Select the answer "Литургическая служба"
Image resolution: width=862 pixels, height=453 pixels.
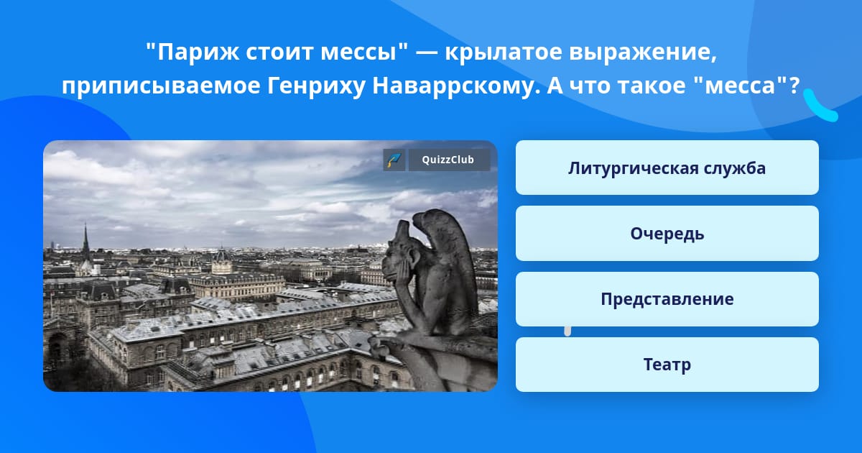pyautogui.click(x=667, y=168)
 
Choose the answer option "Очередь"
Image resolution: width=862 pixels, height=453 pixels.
pyautogui.click(x=667, y=234)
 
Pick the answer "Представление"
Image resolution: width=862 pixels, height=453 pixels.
pyautogui.click(x=667, y=299)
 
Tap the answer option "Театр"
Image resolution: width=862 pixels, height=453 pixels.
pyautogui.click(x=667, y=365)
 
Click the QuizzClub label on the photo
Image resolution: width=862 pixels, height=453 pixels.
pyautogui.click(x=449, y=160)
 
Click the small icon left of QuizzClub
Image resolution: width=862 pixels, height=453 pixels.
pyautogui.click(x=394, y=160)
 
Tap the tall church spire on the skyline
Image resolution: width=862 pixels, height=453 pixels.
pyautogui.click(x=85, y=241)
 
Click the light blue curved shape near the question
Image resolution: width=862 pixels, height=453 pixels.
pyautogui.click(x=819, y=106)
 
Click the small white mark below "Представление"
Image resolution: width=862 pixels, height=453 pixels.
pyautogui.click(x=567, y=331)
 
